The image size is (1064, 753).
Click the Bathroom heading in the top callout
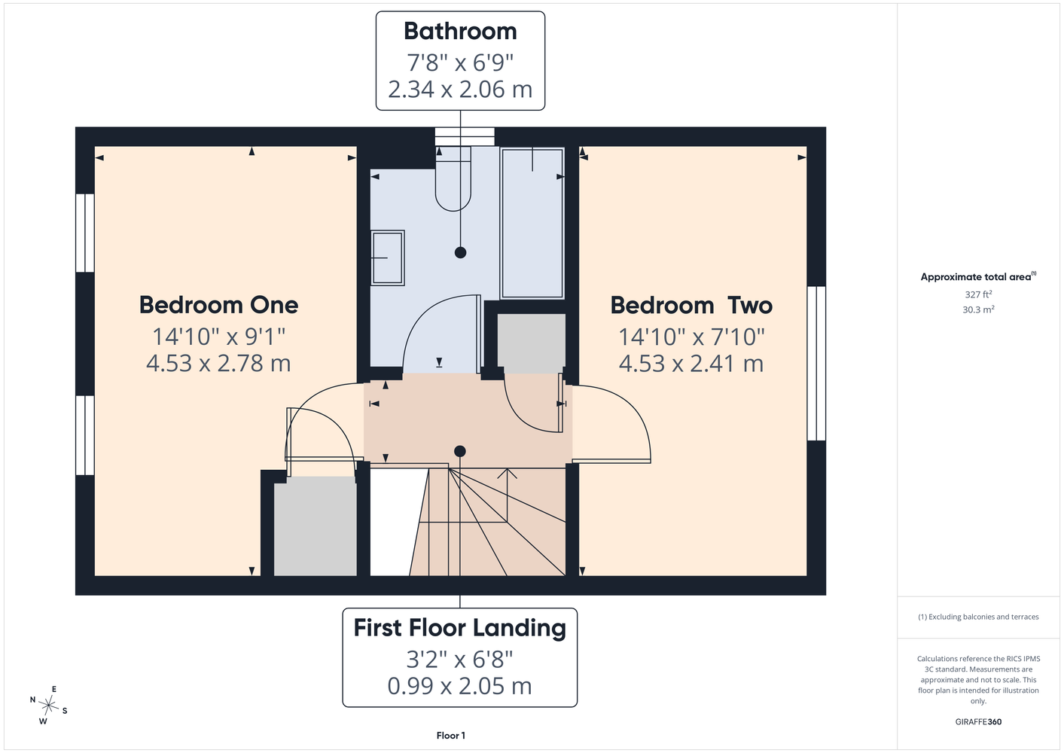coord(460,32)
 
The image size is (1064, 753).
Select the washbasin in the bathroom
coord(388,258)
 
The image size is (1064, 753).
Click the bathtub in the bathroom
coord(532,224)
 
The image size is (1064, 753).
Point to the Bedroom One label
coord(218,305)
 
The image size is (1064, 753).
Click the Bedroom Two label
coord(691,305)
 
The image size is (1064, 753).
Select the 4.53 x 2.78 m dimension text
coord(218,364)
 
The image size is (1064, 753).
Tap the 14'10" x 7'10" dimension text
coord(691,337)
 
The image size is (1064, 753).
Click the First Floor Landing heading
coord(460,628)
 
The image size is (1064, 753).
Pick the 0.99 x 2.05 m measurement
coord(460,687)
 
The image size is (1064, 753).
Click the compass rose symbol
coord(48,706)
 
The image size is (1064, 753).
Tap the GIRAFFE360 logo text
coord(978,721)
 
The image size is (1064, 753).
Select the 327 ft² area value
coord(978,294)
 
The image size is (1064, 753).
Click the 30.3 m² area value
coord(978,309)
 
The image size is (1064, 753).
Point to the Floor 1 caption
coord(451,736)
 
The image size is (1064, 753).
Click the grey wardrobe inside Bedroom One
coord(316,526)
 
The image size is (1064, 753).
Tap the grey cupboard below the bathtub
coord(532,343)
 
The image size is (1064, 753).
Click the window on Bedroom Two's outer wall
coord(816,364)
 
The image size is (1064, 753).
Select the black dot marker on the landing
coord(460,451)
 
